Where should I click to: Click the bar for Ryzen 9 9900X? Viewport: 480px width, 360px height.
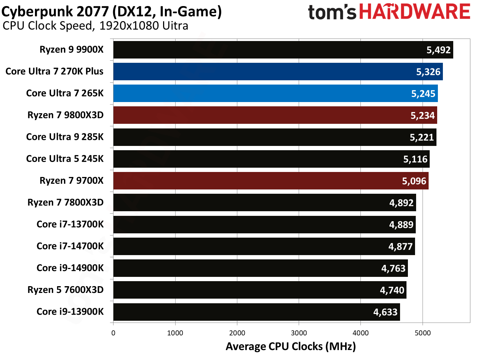268,50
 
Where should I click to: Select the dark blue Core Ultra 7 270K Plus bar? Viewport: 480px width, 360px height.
268,72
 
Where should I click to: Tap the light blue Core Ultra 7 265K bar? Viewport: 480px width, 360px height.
268,93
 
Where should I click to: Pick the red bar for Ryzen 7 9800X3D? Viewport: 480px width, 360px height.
268,115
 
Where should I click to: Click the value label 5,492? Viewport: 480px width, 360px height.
439,50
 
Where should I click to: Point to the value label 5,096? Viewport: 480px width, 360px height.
414,181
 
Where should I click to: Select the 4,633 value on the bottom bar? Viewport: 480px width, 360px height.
385,312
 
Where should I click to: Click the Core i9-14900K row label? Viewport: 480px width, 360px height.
70,268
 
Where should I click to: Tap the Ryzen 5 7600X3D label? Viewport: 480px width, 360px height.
65,290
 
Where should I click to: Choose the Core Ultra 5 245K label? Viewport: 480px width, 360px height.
65,159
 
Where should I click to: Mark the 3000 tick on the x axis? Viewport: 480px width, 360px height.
299,333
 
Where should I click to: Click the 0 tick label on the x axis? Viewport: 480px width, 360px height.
113,333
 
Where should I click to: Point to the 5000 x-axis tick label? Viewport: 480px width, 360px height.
423,333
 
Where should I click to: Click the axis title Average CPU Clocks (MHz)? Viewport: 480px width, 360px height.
290,346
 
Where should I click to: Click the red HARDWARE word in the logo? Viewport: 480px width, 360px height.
414,12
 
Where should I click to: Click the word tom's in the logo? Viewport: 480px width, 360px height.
332,12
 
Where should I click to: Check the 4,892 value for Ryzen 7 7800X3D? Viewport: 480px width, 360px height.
401,203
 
